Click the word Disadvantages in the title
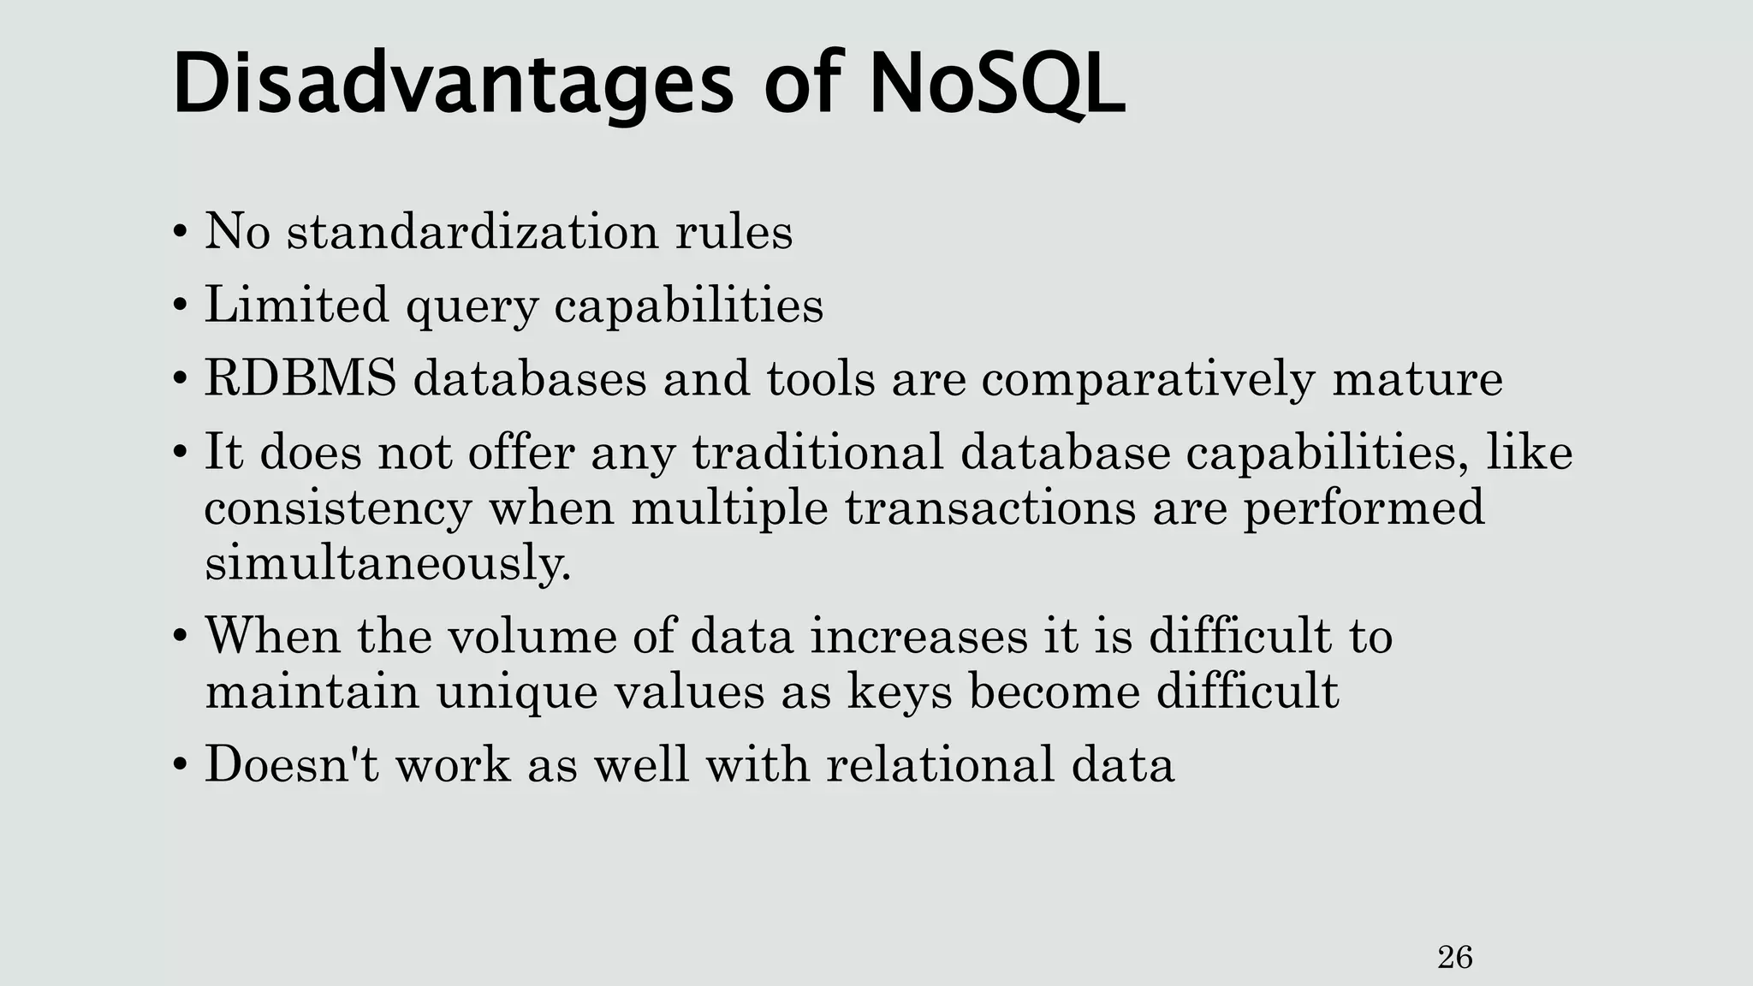coord(453,86)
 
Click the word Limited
coord(296,305)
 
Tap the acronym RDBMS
coord(300,378)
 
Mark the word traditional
coord(817,452)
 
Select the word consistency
coord(338,509)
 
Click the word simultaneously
coord(387,564)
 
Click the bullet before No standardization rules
coord(179,233)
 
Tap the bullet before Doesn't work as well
coord(179,765)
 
